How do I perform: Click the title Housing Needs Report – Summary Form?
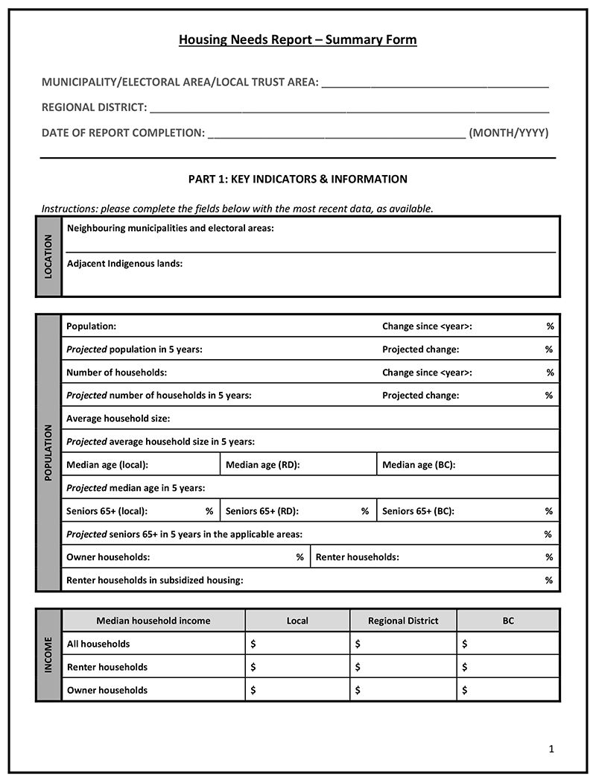tap(297, 39)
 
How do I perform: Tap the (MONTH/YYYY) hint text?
tap(509, 133)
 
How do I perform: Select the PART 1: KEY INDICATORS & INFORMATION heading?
tap(297, 180)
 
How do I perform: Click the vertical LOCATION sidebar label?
tap(48, 256)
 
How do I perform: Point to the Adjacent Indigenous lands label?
tap(124, 264)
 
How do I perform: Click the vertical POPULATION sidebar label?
tap(48, 452)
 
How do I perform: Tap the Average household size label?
tap(118, 419)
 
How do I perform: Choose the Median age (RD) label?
tap(262, 465)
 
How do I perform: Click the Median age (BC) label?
tap(419, 465)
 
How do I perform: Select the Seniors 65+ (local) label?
tap(107, 511)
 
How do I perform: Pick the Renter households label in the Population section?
tap(357, 557)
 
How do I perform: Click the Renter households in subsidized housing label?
tap(154, 580)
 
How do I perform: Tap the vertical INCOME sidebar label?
tap(48, 655)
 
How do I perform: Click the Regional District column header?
tap(403, 621)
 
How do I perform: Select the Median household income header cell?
tap(153, 621)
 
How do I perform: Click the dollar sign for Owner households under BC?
tap(465, 690)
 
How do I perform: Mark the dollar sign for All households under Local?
tap(253, 644)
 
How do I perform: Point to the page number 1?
tap(551, 749)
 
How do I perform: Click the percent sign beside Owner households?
tap(300, 557)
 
